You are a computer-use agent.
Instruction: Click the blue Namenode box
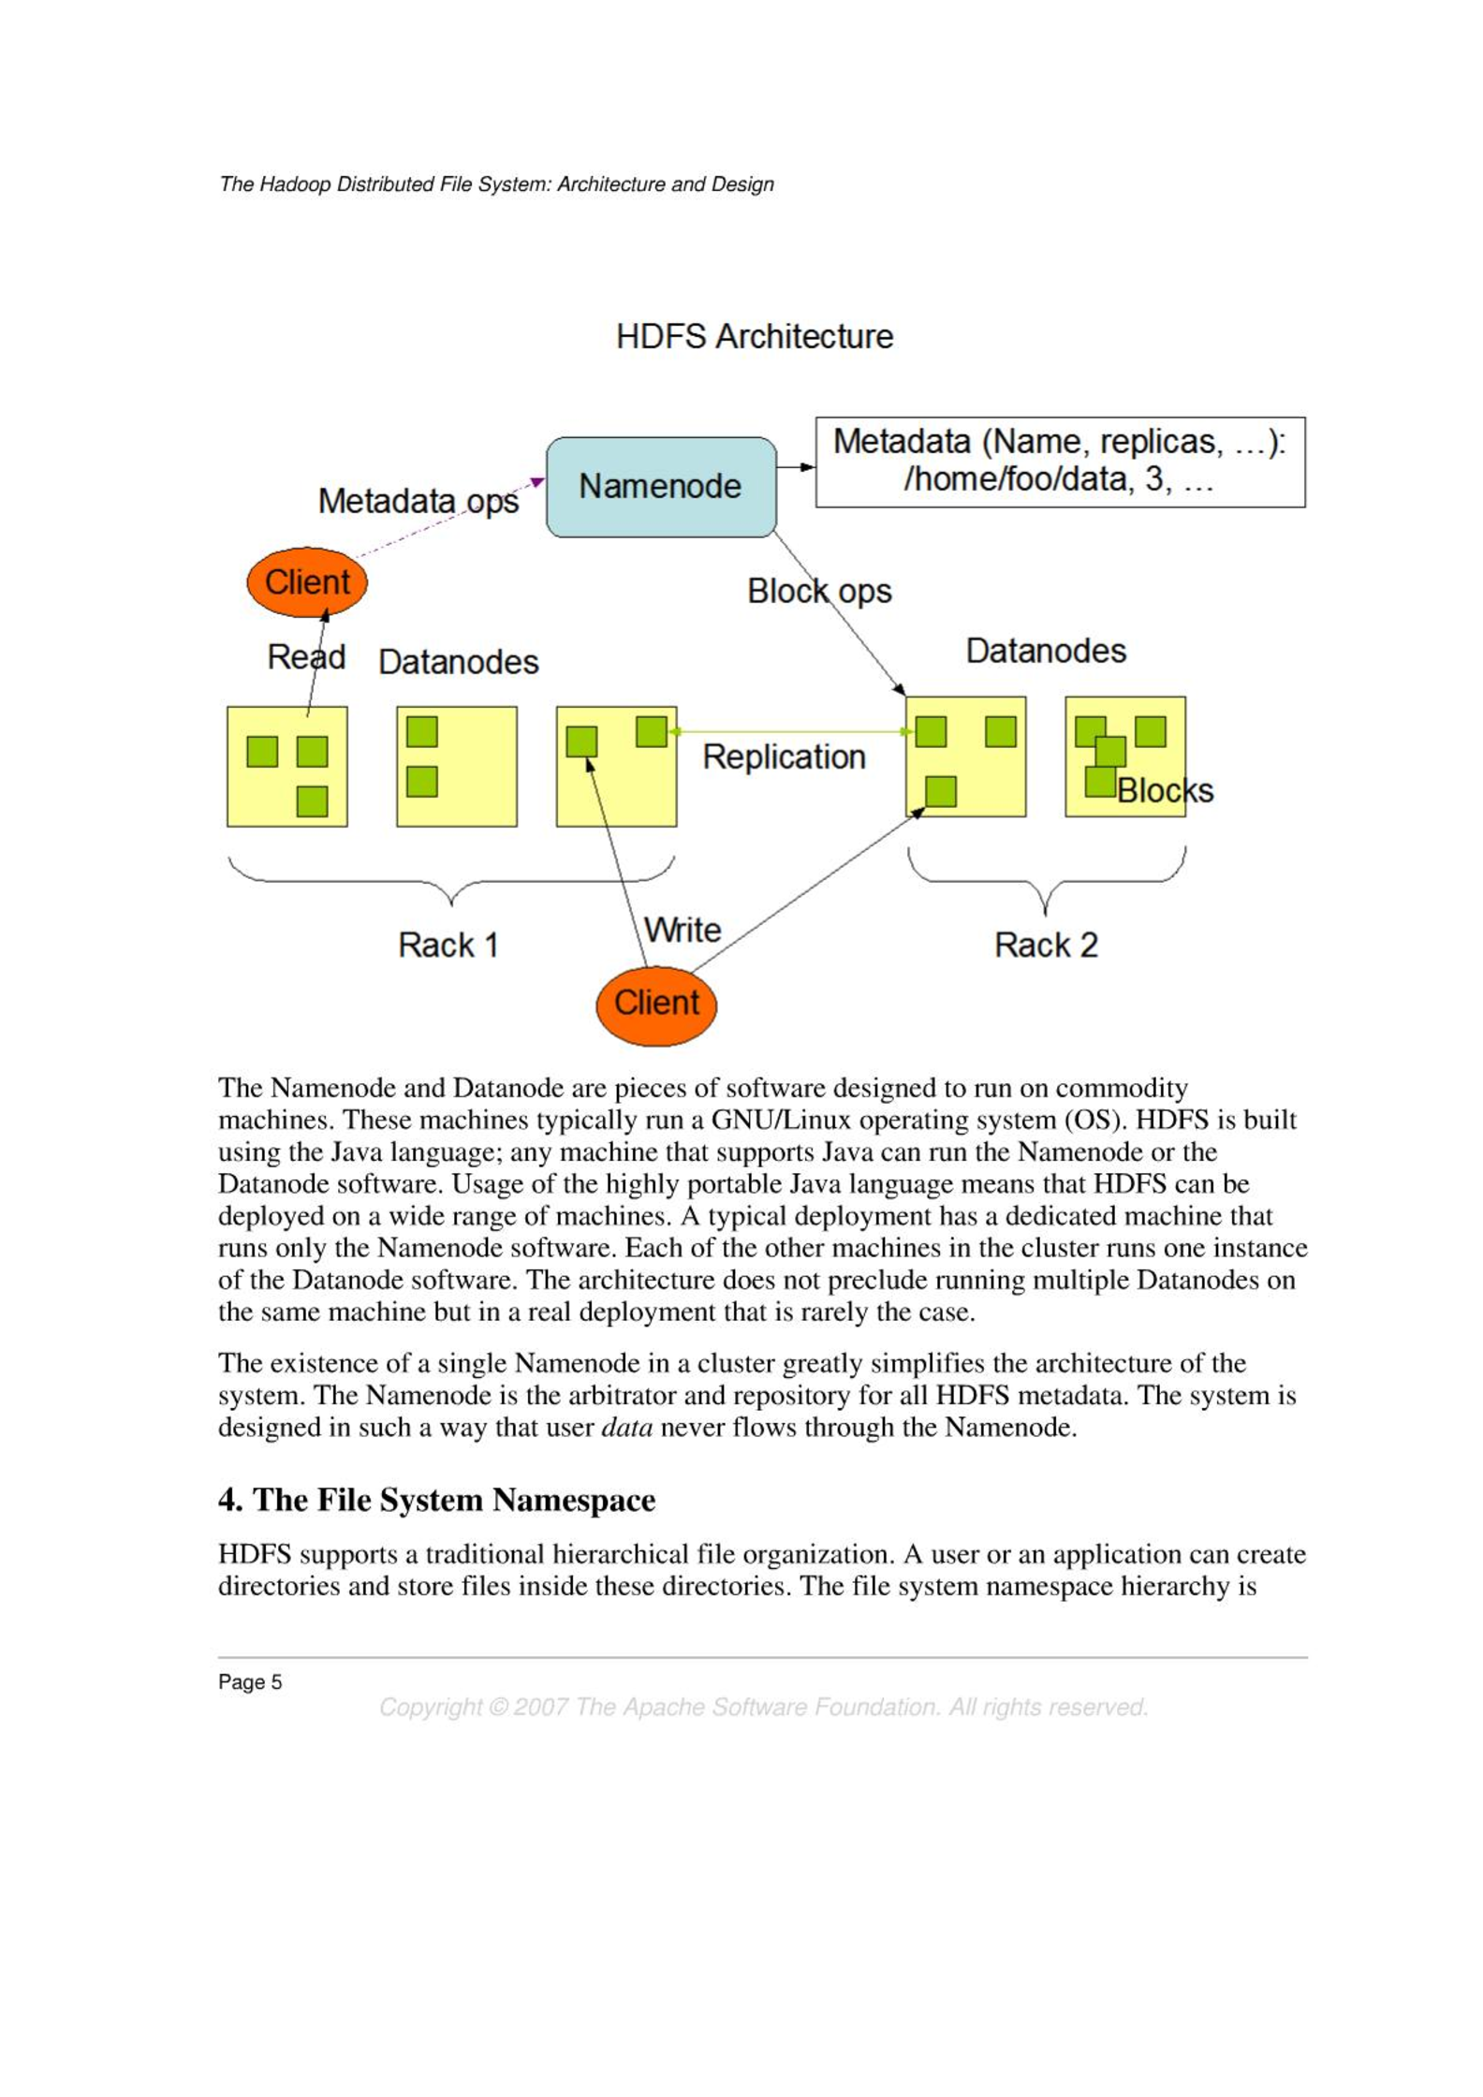660,487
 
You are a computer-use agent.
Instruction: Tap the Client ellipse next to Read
306,582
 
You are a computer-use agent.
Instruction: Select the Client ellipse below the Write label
655,1005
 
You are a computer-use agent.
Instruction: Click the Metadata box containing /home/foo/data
1059,462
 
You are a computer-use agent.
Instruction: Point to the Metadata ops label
418,501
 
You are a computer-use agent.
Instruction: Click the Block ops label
818,592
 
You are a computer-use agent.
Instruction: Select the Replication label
784,756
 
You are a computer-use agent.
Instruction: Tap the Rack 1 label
448,945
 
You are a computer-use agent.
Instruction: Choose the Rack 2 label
1045,945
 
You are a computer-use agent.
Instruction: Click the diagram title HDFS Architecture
754,337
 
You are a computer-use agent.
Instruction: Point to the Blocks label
1164,791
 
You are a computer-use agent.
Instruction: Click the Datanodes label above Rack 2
1045,651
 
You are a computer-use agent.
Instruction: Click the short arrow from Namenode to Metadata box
796,466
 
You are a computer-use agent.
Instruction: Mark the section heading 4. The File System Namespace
436,1500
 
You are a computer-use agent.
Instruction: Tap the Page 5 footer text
250,1682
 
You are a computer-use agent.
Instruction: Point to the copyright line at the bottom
763,1708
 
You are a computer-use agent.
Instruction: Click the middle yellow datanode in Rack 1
456,766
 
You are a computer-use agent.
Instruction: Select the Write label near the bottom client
683,930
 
